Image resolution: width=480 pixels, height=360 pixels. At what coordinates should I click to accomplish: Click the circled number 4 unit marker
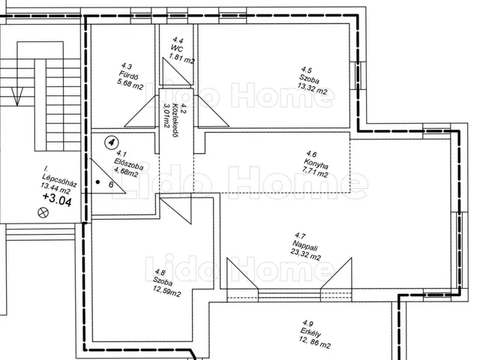[112, 142]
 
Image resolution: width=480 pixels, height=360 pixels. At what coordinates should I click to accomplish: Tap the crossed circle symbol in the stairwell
[43, 212]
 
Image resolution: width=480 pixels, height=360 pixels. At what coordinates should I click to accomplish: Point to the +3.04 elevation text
[57, 199]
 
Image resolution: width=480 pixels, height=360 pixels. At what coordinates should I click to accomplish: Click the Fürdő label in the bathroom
[128, 75]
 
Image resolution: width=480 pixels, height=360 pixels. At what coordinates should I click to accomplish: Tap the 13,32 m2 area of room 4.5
[312, 90]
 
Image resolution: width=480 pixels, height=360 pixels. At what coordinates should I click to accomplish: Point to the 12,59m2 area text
[166, 292]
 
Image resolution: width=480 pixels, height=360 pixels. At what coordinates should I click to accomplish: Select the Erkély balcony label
[310, 332]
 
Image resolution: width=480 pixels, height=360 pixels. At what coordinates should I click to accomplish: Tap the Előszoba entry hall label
[128, 163]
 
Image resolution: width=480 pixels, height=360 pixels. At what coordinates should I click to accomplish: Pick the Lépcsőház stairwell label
[59, 181]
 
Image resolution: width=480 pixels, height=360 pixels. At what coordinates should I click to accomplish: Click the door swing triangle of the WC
[178, 71]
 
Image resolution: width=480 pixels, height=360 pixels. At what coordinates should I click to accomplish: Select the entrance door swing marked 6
[106, 176]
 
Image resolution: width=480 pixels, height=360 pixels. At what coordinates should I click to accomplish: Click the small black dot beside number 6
[97, 182]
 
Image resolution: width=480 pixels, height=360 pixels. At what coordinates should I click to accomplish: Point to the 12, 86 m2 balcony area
[315, 343]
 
